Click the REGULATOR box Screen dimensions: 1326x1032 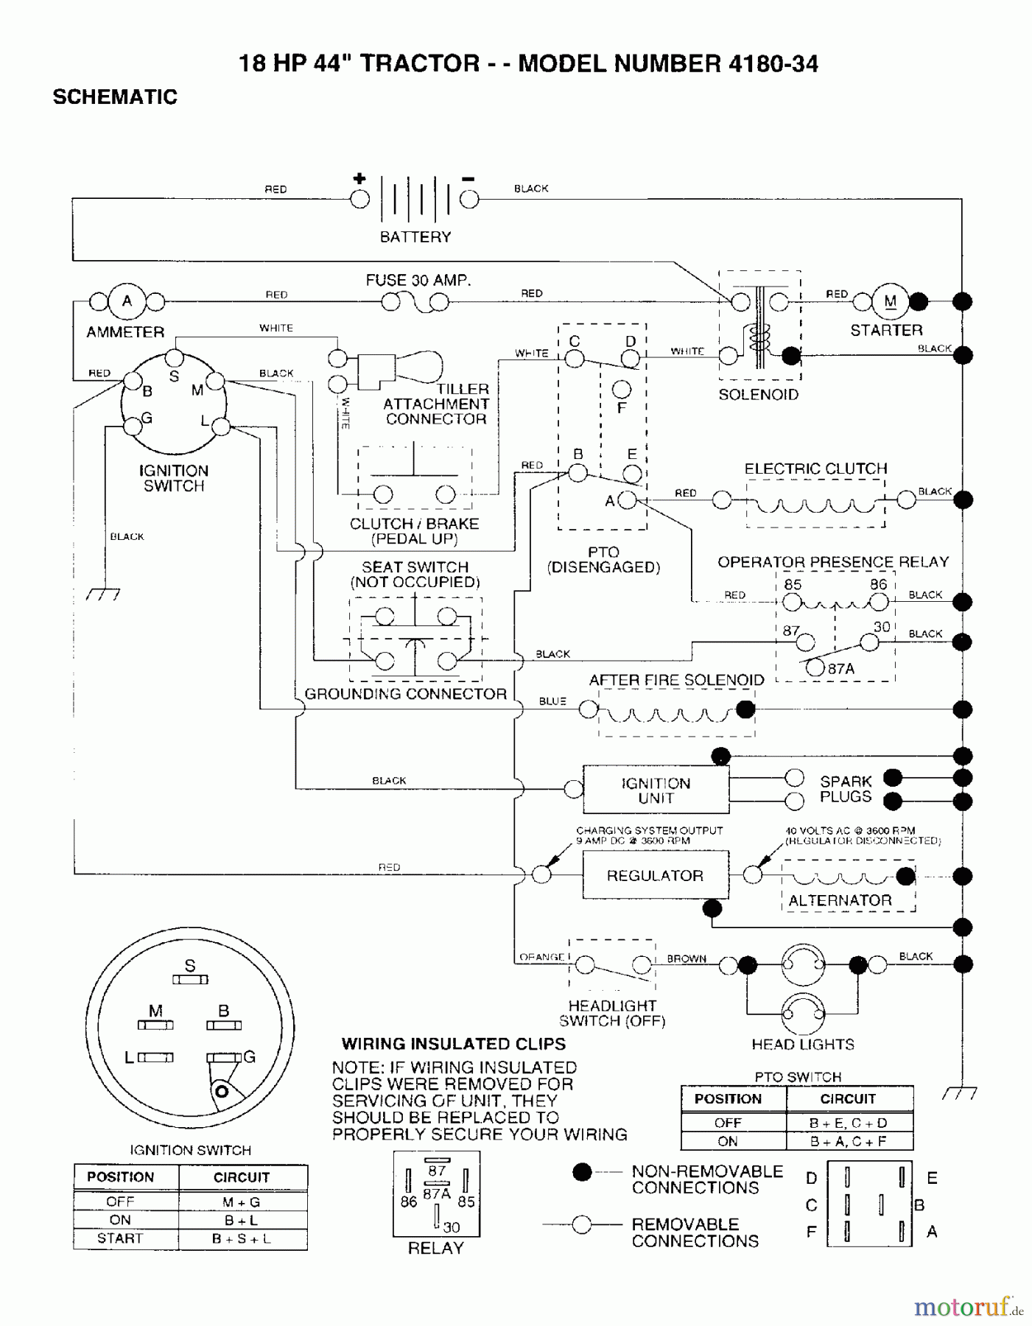[655, 875]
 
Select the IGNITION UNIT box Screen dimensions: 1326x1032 [655, 790]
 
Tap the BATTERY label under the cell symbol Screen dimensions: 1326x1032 [415, 237]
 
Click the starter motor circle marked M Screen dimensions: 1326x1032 [891, 301]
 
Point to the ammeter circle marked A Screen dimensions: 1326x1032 [127, 301]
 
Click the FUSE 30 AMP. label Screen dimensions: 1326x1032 [418, 281]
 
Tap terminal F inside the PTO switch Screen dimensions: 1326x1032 [622, 388]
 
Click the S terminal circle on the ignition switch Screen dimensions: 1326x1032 [174, 358]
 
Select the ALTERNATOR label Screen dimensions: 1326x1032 [840, 900]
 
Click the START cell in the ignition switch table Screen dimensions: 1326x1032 [120, 1238]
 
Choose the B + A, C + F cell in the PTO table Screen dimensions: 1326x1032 [848, 1141]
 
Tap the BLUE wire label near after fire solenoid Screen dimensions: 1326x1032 [552, 701]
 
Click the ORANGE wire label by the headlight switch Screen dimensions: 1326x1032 [541, 957]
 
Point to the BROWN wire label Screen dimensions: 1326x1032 [687, 958]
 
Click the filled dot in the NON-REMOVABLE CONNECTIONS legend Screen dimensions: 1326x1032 [582, 1171]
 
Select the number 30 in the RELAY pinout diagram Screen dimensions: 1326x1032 [452, 1227]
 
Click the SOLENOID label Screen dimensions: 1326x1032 [758, 395]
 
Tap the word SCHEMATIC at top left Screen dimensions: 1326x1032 [115, 97]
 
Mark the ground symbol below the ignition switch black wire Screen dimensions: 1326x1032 [103, 594]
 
